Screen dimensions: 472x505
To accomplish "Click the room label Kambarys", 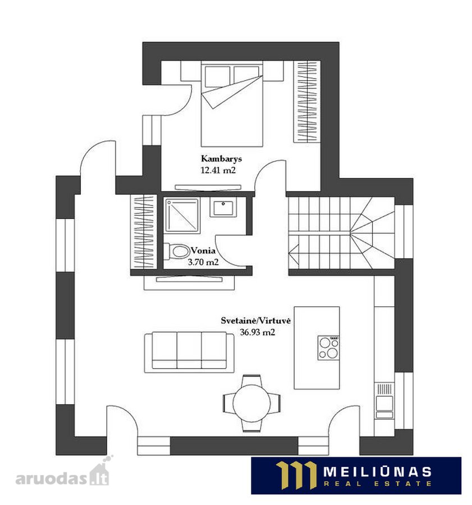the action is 221,159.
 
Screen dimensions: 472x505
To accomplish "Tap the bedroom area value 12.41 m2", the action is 218,170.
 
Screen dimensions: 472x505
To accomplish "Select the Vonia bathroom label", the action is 203,250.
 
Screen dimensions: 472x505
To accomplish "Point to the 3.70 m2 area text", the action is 203,262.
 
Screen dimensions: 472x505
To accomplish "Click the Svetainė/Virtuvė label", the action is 255,321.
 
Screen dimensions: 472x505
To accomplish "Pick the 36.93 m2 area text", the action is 258,332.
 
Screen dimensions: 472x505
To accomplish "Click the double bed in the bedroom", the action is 232,104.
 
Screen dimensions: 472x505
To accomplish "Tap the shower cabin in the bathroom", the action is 182,215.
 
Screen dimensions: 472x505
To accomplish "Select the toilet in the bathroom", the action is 177,251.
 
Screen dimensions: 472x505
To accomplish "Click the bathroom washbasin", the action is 223,206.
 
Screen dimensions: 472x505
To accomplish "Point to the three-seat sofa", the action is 190,352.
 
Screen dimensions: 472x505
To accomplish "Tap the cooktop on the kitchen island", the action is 328,348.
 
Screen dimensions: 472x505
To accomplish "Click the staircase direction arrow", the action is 294,251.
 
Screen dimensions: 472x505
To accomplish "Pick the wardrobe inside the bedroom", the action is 307,102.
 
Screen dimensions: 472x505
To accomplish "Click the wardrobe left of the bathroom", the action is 144,232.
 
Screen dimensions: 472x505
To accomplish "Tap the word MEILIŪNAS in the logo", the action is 377,472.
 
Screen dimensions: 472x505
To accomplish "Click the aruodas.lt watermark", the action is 63,474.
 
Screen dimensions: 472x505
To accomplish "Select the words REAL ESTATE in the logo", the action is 377,484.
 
